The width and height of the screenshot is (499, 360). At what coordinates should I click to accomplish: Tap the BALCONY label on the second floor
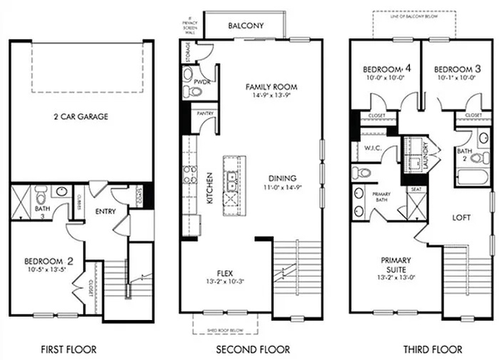[x=249, y=26]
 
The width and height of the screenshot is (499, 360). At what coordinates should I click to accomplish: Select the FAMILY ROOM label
[x=270, y=86]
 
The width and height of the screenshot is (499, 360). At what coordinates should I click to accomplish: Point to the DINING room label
[x=283, y=178]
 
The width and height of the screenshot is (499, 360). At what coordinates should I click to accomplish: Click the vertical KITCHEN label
[x=210, y=182]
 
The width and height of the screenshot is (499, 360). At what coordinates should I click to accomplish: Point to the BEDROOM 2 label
[x=47, y=261]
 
